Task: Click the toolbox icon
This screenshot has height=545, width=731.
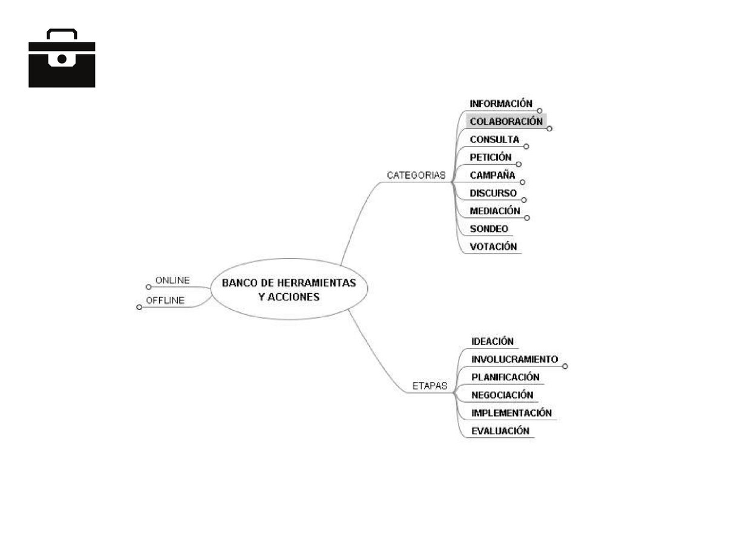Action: pyautogui.click(x=62, y=58)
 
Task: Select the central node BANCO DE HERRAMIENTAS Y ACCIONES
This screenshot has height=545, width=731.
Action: pyautogui.click(x=289, y=290)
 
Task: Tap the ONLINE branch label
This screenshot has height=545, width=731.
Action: pyautogui.click(x=172, y=280)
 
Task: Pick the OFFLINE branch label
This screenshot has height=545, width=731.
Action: pyautogui.click(x=165, y=300)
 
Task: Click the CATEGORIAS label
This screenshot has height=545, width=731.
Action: pyautogui.click(x=416, y=176)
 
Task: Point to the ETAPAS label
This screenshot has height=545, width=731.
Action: pyautogui.click(x=430, y=385)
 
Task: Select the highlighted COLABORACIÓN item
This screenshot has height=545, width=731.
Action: pyautogui.click(x=506, y=122)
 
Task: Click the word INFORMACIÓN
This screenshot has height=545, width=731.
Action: pyautogui.click(x=501, y=104)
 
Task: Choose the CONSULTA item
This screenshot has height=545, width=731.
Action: pyautogui.click(x=494, y=140)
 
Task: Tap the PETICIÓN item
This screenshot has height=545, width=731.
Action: pyautogui.click(x=491, y=157)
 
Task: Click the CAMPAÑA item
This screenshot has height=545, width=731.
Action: pyautogui.click(x=493, y=176)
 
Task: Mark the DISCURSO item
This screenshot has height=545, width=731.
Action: pyautogui.click(x=493, y=194)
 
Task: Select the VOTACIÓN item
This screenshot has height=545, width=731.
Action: pyautogui.click(x=493, y=247)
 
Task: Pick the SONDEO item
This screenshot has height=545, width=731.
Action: pyautogui.click(x=489, y=229)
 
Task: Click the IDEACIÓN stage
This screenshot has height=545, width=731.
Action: pyautogui.click(x=492, y=342)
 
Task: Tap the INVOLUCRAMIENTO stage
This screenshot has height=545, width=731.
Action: pyautogui.click(x=514, y=359)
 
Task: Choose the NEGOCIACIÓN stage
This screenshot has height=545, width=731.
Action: pyautogui.click(x=502, y=395)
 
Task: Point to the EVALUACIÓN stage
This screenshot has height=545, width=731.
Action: pyautogui.click(x=500, y=431)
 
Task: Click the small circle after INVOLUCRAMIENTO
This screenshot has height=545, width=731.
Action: pyautogui.click(x=565, y=366)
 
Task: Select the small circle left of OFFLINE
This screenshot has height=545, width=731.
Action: pyautogui.click(x=139, y=307)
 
